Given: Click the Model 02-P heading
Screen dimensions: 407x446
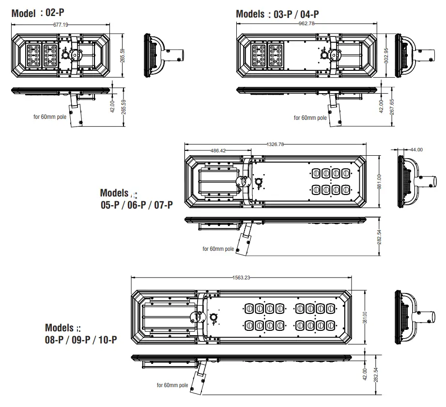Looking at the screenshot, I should (x=37, y=13).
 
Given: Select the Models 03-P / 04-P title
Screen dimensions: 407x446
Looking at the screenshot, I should (x=277, y=14).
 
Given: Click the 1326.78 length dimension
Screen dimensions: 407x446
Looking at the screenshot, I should (x=276, y=144).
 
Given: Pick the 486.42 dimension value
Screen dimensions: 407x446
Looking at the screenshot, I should (x=217, y=150).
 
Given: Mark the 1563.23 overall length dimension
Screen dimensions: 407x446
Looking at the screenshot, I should (x=241, y=277).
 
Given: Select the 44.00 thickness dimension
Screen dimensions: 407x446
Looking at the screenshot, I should (x=416, y=149).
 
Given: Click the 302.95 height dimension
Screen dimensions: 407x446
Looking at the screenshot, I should (x=386, y=56).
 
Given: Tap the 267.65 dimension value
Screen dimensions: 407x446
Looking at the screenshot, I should (x=391, y=106).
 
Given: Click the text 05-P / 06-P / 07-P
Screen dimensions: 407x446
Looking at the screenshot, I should (x=137, y=205).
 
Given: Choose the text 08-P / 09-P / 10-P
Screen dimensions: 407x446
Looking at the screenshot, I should (x=81, y=340).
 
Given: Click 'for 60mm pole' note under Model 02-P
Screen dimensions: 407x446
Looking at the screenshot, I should (x=49, y=117).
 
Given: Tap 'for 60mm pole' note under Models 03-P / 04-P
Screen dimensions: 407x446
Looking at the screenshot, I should (x=310, y=117).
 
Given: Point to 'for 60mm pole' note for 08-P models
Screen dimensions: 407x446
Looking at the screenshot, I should (x=172, y=385).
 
